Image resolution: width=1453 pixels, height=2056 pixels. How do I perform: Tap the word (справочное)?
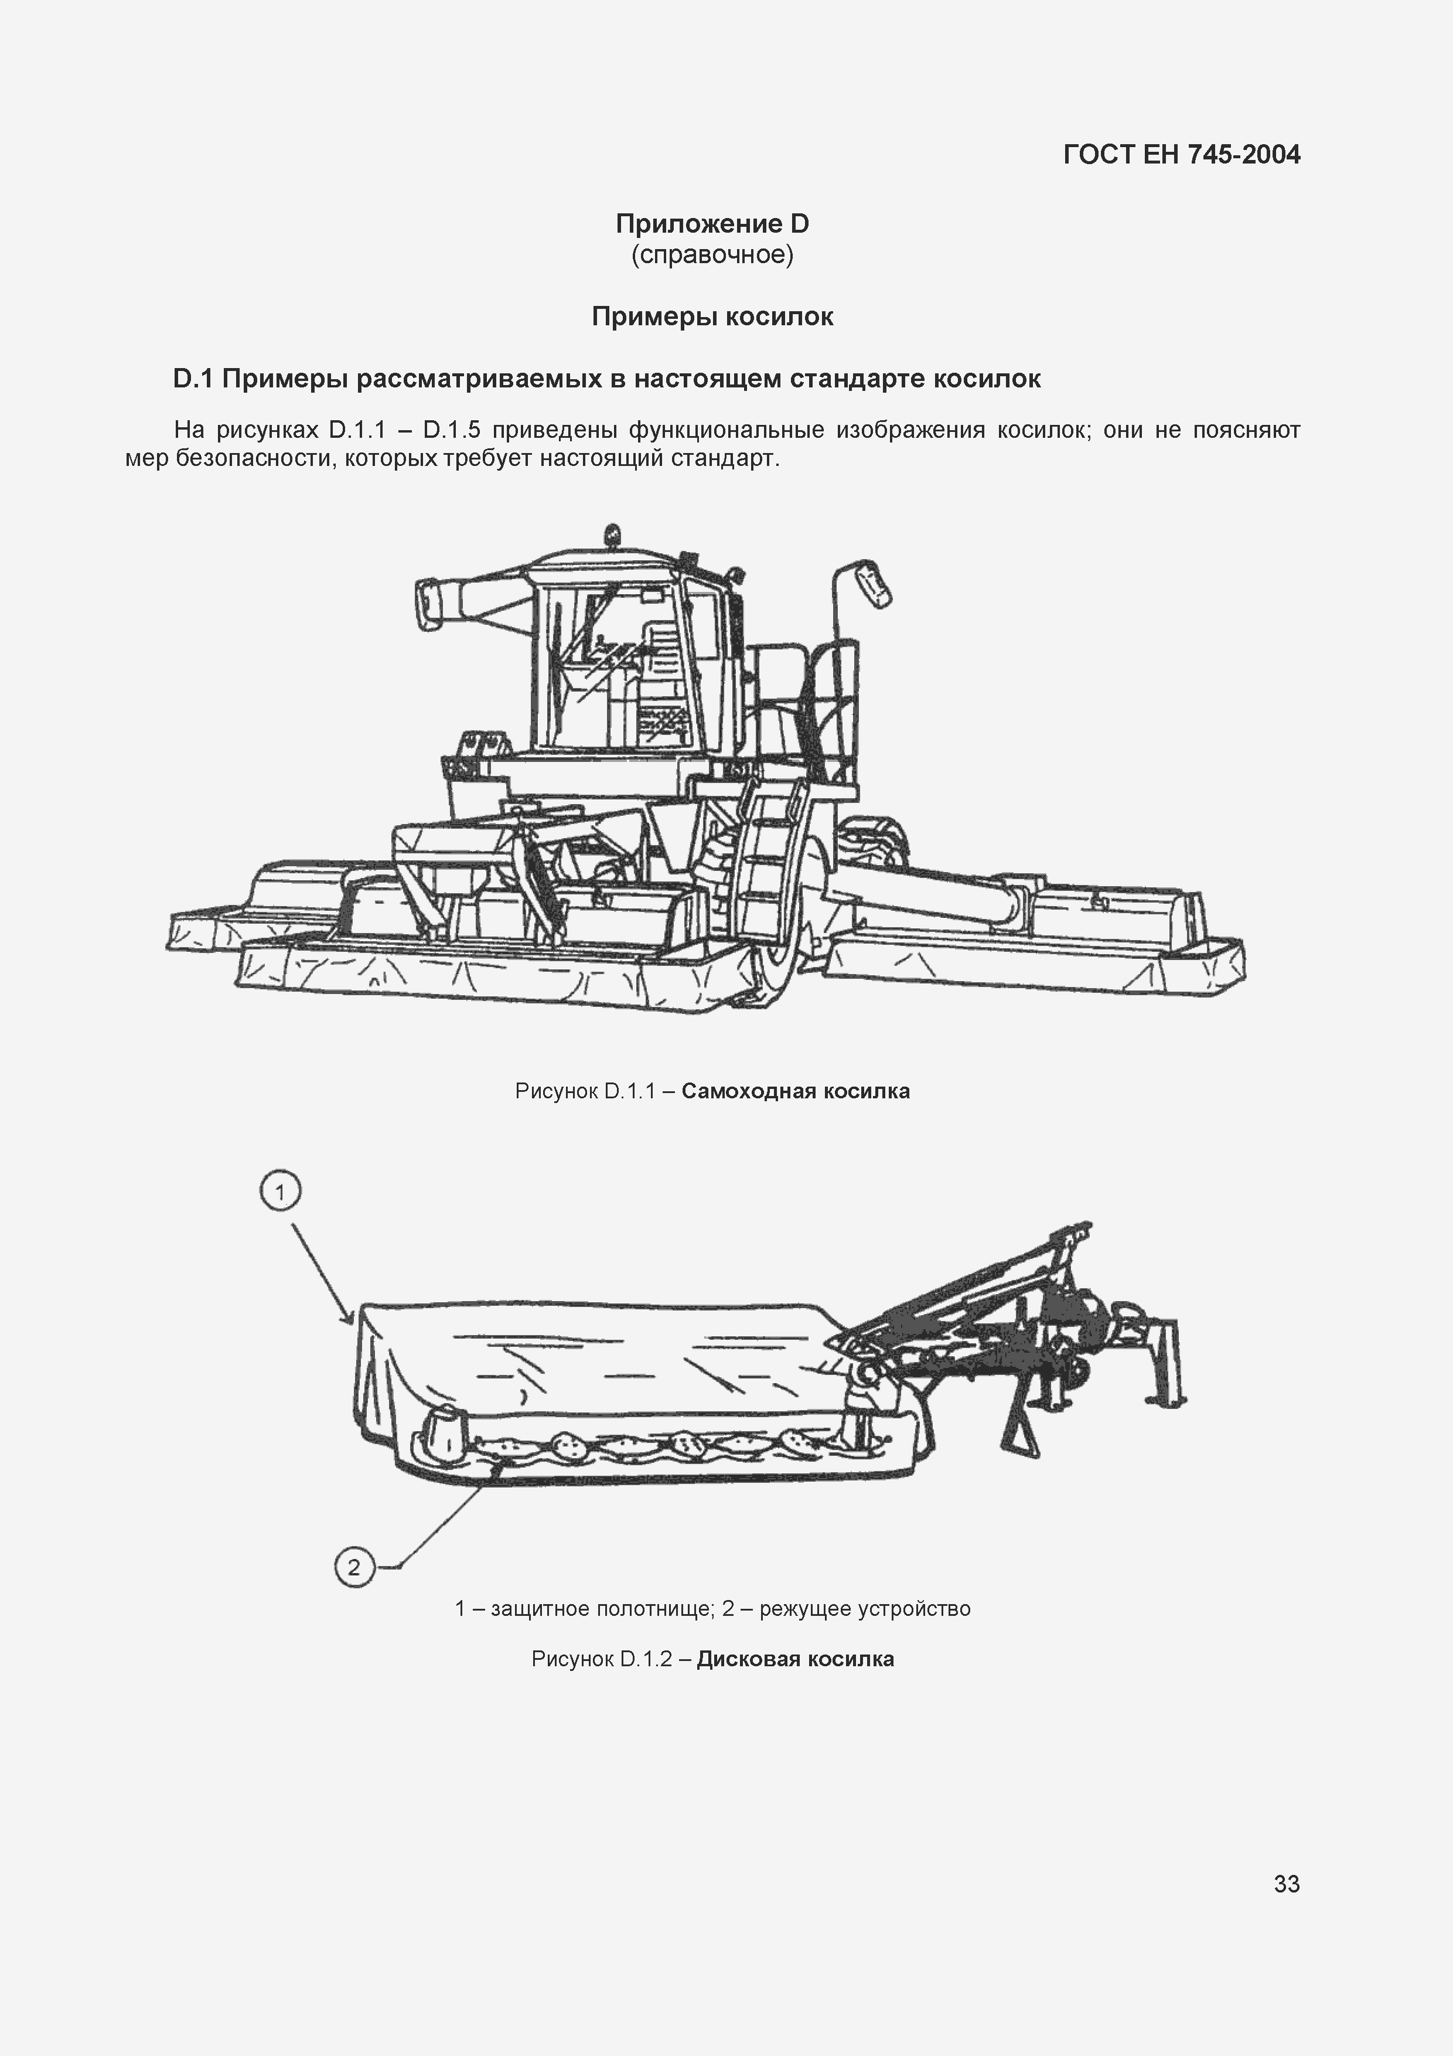(x=712, y=255)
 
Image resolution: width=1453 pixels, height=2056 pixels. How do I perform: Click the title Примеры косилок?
(x=712, y=316)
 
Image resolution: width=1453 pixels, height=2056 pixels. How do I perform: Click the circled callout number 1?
(x=280, y=1192)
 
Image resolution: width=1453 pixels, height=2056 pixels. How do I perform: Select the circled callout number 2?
(x=354, y=1566)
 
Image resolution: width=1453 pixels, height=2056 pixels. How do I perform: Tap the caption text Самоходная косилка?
(x=795, y=1091)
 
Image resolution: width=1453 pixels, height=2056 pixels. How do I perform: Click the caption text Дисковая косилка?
(x=795, y=1659)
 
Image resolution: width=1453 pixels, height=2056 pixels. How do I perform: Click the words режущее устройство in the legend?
(x=865, y=1608)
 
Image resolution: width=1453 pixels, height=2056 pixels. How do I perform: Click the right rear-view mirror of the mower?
(x=874, y=586)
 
